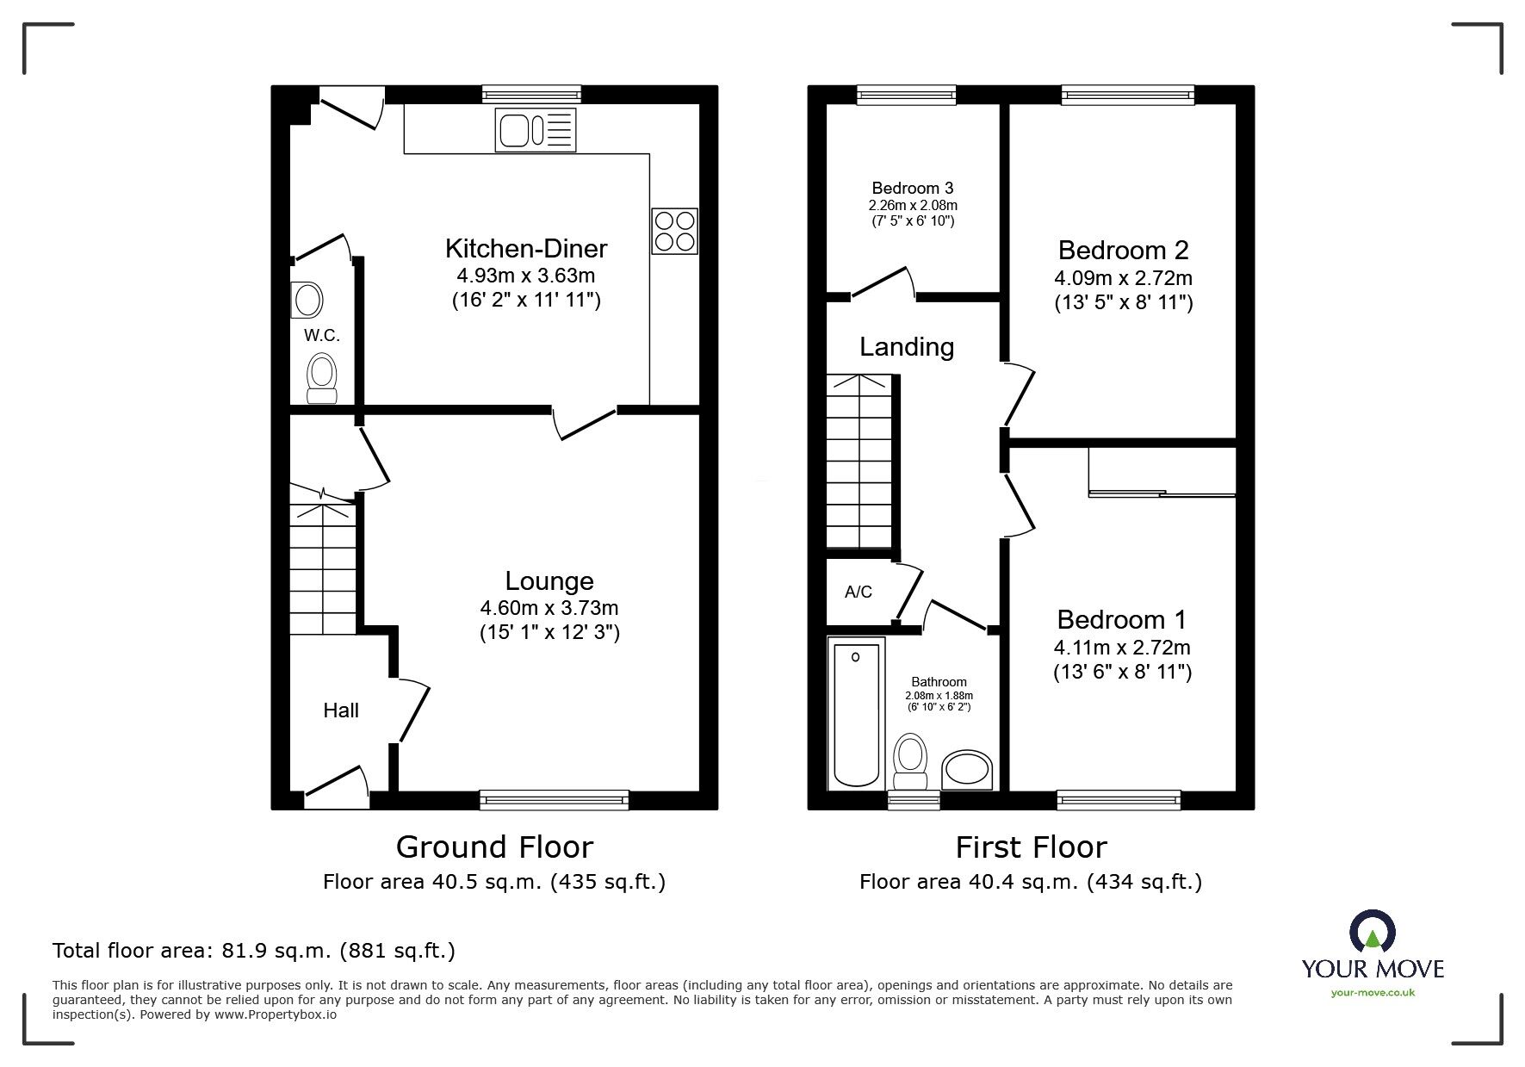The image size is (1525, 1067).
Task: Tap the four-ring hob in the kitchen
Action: click(x=674, y=231)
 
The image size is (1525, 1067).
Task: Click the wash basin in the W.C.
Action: click(x=307, y=301)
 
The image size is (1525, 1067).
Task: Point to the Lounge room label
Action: click(x=549, y=580)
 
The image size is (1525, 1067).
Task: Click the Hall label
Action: click(x=341, y=710)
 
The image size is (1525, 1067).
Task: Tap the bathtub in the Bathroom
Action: click(x=856, y=712)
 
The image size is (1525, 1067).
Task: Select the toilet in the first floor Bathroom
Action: click(x=910, y=760)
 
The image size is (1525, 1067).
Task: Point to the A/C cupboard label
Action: click(x=858, y=592)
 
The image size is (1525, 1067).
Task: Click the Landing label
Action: click(x=907, y=347)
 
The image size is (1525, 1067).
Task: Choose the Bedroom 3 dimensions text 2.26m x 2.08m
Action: click(x=913, y=206)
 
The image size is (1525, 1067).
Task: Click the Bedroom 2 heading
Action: click(x=1123, y=250)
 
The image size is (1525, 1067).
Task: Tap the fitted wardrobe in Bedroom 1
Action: click(x=1162, y=471)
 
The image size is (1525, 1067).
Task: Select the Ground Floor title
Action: click(x=494, y=847)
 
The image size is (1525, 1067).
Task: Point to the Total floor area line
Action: click(x=254, y=951)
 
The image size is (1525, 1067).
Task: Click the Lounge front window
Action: click(x=554, y=800)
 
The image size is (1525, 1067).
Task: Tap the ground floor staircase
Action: click(x=322, y=568)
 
